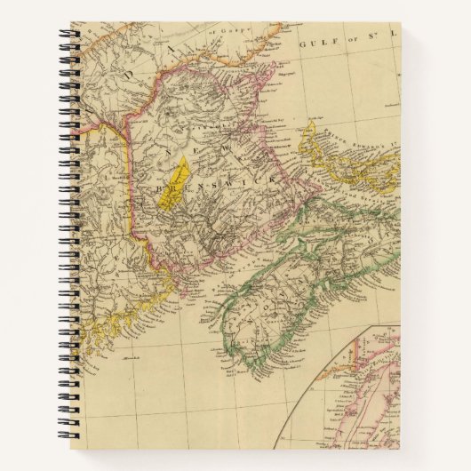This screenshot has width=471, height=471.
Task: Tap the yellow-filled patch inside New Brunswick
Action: click(175, 183)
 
